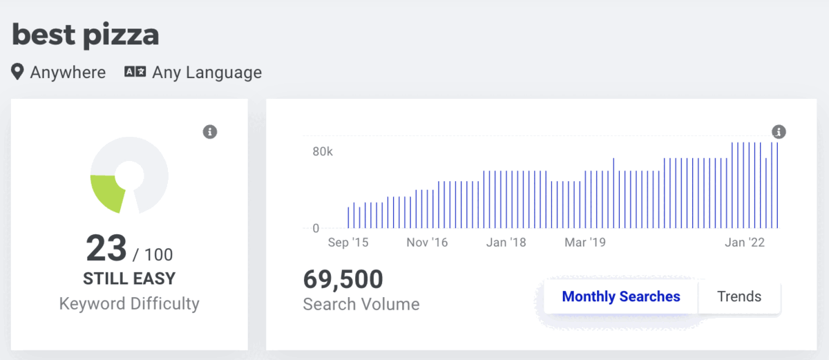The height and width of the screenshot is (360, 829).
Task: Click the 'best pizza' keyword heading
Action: click(x=86, y=35)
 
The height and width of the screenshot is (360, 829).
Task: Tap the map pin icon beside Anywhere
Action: click(x=17, y=71)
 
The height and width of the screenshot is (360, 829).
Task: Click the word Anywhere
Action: click(x=68, y=72)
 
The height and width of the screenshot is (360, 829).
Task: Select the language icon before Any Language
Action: click(x=135, y=71)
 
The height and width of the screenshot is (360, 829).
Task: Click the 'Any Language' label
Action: click(x=207, y=73)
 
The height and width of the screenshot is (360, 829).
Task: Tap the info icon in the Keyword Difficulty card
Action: click(x=210, y=132)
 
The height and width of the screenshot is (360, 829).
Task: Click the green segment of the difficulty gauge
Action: click(x=107, y=192)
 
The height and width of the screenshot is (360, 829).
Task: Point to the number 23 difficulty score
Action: click(x=106, y=247)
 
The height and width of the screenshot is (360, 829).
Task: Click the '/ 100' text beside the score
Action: click(x=153, y=254)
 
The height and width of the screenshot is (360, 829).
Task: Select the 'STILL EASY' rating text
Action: click(x=129, y=278)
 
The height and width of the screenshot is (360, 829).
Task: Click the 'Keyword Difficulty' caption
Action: click(x=129, y=303)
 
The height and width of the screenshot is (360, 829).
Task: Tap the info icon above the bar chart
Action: click(x=779, y=132)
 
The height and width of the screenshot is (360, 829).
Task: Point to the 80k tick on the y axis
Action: click(x=323, y=151)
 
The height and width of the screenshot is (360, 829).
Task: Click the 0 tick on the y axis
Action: click(x=316, y=228)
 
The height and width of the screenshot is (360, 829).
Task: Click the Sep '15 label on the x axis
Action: click(x=348, y=243)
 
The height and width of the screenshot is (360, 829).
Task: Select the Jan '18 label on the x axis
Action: click(x=506, y=243)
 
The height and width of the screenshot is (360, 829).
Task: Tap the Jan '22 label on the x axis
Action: click(x=745, y=243)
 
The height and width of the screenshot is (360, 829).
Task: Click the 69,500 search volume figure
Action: click(x=343, y=279)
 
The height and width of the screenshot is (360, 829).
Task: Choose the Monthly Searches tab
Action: click(x=621, y=296)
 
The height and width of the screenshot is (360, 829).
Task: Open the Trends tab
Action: click(x=739, y=296)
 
